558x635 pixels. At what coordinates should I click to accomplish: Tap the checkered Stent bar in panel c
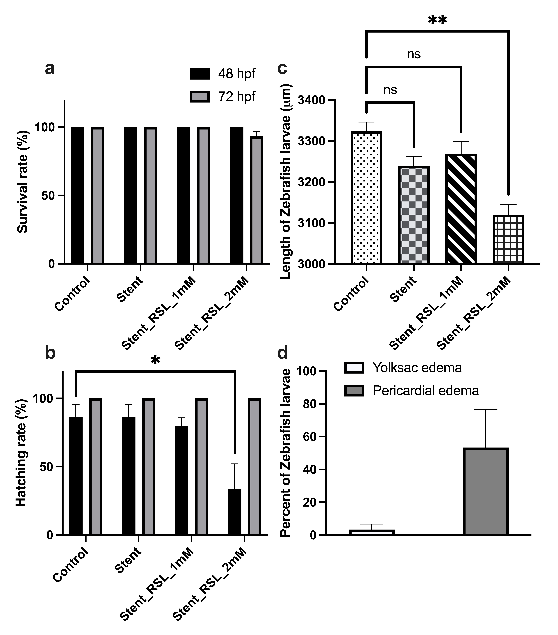point(414,215)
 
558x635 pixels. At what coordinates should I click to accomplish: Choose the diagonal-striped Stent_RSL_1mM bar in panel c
point(461,209)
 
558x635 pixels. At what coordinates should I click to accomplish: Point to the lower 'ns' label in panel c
point(390,90)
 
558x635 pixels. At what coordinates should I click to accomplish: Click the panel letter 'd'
point(283,354)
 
